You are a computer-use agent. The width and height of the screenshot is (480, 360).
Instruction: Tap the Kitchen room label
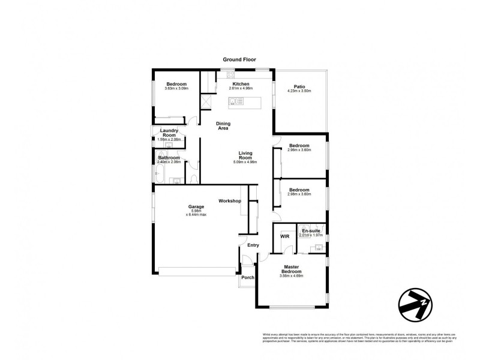241,84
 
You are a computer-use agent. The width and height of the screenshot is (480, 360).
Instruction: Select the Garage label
197,207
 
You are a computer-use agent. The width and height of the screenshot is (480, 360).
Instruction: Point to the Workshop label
230,200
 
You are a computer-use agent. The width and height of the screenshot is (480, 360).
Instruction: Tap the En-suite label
311,231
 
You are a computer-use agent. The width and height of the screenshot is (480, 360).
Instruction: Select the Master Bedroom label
292,269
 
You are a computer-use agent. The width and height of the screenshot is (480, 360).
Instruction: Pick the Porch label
247,278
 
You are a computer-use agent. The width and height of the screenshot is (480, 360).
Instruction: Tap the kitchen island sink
238,101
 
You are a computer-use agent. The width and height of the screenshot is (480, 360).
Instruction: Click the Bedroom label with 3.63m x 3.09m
176,84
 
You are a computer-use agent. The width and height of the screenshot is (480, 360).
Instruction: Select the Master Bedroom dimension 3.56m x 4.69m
292,277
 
